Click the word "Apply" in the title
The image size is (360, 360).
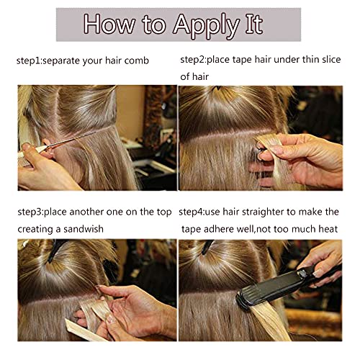206,26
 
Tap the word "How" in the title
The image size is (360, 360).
109,24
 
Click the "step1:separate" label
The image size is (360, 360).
48,60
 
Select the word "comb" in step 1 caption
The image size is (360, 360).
136,60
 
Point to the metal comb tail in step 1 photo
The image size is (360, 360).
70,139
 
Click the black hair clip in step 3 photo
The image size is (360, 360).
55,250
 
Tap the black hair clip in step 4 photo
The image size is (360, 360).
207,247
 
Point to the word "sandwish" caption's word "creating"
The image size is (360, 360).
35,230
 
